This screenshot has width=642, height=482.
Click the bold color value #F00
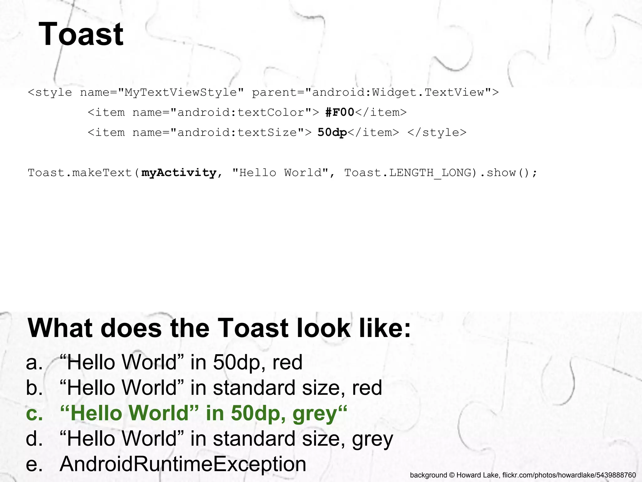click(x=340, y=112)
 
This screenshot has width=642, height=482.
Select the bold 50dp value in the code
click(x=332, y=132)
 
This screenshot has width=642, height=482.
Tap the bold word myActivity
click(x=179, y=173)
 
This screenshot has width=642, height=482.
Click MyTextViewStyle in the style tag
click(x=181, y=92)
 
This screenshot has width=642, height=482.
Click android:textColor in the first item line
click(x=241, y=112)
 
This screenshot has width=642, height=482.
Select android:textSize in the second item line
click(x=237, y=132)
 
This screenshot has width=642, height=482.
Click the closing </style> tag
click(x=437, y=132)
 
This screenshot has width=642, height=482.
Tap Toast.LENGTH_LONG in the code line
click(x=408, y=173)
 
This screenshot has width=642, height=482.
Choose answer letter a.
click(x=34, y=362)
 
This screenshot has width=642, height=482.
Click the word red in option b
click(x=367, y=388)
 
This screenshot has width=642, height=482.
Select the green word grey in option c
click(x=314, y=414)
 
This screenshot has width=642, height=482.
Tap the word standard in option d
click(x=254, y=439)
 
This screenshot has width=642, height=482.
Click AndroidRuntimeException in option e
click(x=183, y=464)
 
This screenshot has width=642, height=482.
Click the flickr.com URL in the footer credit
click(x=569, y=475)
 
